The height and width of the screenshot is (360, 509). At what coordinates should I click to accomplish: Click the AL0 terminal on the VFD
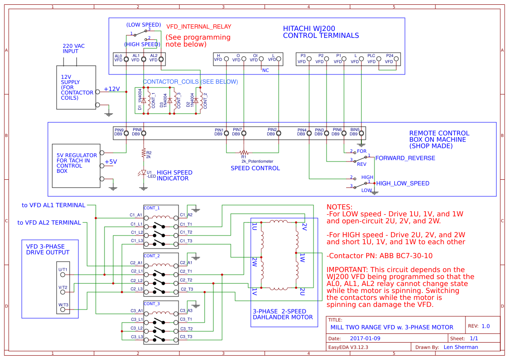click(126, 59)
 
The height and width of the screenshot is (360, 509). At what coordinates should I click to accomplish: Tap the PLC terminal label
click(371, 56)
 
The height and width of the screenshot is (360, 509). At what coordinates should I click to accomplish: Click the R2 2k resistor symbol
click(143, 153)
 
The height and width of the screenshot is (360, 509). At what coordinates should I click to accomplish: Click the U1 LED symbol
click(143, 173)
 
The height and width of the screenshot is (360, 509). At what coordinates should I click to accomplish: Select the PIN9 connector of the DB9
click(126, 134)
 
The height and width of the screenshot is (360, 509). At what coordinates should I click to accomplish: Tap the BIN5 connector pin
click(361, 134)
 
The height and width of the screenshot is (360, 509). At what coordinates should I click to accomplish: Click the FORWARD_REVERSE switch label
click(405, 158)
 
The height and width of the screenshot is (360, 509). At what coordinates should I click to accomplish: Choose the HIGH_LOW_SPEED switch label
click(403, 183)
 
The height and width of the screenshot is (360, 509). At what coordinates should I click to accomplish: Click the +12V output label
click(111, 89)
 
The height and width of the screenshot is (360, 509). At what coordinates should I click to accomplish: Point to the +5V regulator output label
click(111, 161)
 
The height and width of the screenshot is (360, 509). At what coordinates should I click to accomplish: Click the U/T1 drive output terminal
click(63, 274)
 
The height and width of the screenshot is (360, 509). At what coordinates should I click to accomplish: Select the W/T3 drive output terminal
click(63, 310)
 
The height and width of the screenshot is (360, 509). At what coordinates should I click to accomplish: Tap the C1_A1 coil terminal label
click(136, 215)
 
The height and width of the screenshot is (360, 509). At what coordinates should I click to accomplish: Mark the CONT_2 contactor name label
click(152, 256)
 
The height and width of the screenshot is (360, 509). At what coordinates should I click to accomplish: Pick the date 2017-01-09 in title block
click(365, 338)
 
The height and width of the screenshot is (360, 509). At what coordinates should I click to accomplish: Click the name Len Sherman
click(461, 347)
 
